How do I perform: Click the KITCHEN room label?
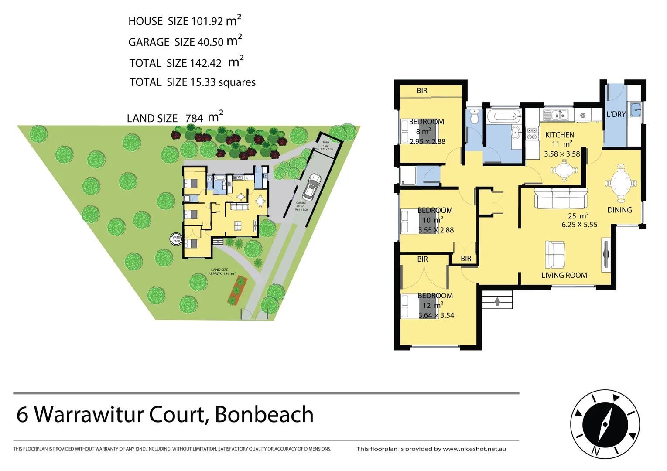(x=560, y=135)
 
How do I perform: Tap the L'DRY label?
(x=616, y=114)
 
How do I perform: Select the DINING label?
(x=619, y=210)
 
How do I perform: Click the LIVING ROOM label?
(x=564, y=276)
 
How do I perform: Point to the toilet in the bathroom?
(x=475, y=117)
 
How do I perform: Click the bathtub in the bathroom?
(x=504, y=116)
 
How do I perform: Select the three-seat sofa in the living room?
(x=561, y=198)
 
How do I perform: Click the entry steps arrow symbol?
(x=497, y=301)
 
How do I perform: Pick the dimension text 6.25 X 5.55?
(x=579, y=225)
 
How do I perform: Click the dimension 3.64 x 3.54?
(x=436, y=316)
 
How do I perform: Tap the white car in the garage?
(x=311, y=186)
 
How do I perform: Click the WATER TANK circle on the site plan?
(x=176, y=239)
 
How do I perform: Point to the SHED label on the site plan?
(x=326, y=143)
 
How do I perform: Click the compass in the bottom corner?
(x=605, y=424)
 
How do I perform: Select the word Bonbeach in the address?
(x=264, y=415)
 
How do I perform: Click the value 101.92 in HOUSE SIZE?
(x=207, y=21)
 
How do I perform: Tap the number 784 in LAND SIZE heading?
(x=194, y=119)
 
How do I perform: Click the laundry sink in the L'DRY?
(x=635, y=109)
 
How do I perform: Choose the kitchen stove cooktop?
(x=532, y=133)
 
